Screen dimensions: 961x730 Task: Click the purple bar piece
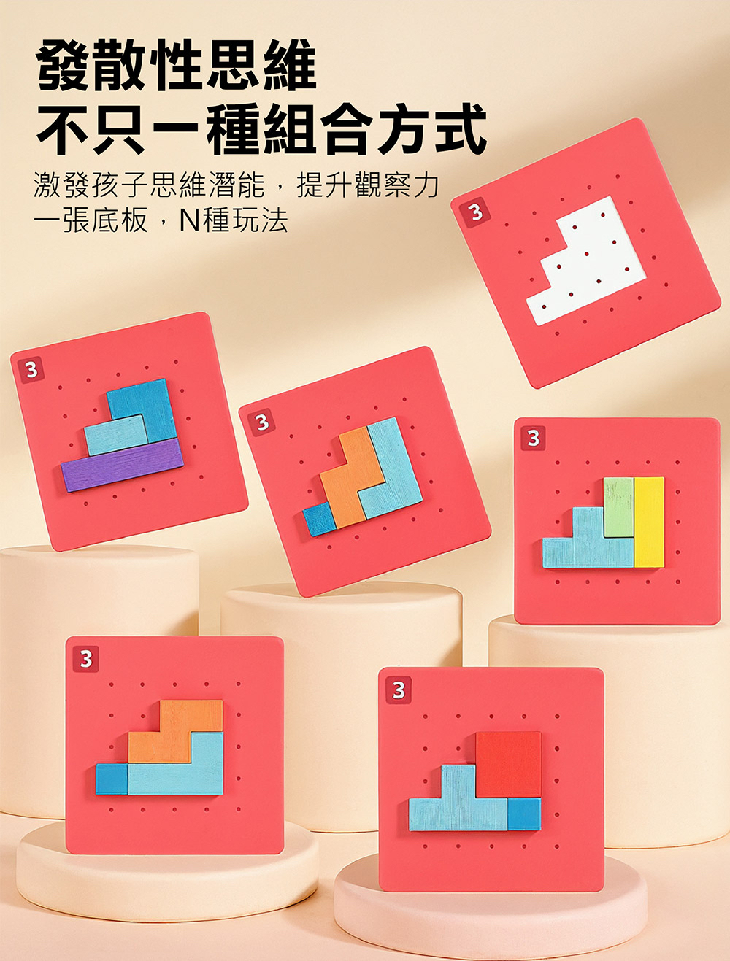123,466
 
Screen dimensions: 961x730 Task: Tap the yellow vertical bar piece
649,522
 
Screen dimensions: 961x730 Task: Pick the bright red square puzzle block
508,764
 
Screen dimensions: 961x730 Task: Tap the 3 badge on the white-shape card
475,213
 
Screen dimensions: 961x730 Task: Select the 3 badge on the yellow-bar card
533,438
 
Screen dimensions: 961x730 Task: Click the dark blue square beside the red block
524,814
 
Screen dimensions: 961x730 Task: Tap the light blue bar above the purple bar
115,436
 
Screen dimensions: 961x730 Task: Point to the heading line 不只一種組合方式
261,130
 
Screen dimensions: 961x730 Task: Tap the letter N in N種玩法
189,220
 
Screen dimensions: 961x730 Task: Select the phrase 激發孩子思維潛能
149,186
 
